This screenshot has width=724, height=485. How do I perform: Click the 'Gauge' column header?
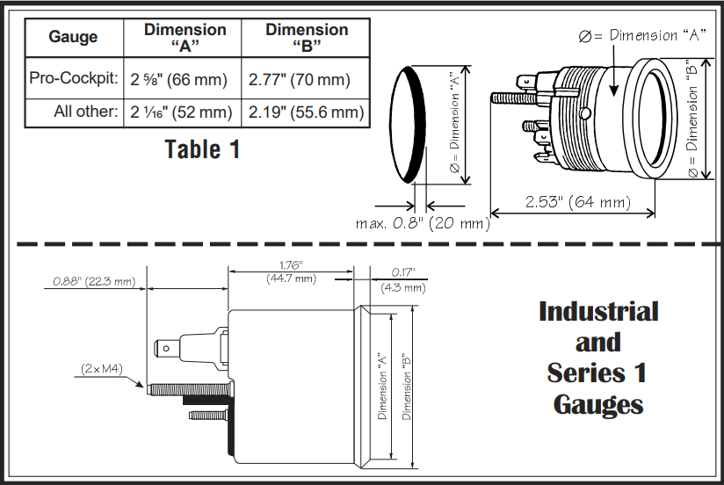pyautogui.click(x=73, y=38)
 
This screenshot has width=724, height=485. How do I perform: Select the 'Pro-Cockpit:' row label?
pyautogui.click(x=74, y=80)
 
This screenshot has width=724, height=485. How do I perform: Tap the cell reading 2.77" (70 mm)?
pyautogui.click(x=300, y=80)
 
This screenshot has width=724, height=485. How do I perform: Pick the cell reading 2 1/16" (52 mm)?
pyautogui.click(x=180, y=112)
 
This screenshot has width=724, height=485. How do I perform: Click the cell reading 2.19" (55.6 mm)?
pyautogui.click(x=306, y=112)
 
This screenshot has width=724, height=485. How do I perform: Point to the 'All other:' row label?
pyautogui.click(x=84, y=112)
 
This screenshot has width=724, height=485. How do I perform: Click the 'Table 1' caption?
pyautogui.click(x=202, y=149)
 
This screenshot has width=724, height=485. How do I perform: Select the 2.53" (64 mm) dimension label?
pyautogui.click(x=577, y=202)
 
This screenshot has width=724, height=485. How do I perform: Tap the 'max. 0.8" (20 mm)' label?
pyautogui.click(x=423, y=223)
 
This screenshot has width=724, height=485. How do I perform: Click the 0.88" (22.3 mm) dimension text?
pyautogui.click(x=94, y=282)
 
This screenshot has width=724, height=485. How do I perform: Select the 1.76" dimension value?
pyautogui.click(x=290, y=265)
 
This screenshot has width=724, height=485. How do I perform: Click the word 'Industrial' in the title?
pyautogui.click(x=597, y=312)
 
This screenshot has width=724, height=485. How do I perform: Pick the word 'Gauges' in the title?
pyautogui.click(x=597, y=405)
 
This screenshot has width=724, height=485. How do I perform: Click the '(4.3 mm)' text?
pyautogui.click(x=402, y=287)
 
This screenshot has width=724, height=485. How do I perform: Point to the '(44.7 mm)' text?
pyautogui.click(x=290, y=279)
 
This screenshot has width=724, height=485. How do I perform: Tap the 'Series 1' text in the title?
pyautogui.click(x=597, y=373)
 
